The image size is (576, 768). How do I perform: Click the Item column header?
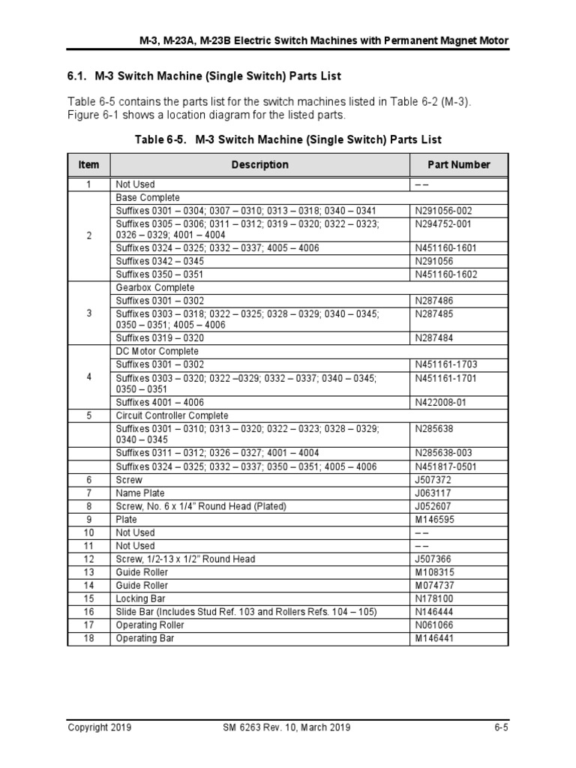[x=88, y=164]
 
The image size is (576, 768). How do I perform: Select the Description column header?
[x=259, y=164]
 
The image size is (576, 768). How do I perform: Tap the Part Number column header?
[x=458, y=164]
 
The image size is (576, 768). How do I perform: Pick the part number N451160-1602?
[x=446, y=274]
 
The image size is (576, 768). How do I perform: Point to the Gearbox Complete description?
[x=152, y=288]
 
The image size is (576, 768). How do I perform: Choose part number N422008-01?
[x=441, y=402]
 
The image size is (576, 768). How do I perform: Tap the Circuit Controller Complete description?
[x=172, y=415]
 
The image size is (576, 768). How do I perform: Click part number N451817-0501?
[x=446, y=466]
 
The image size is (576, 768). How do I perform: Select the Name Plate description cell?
[x=139, y=493]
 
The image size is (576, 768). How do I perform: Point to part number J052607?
[x=434, y=506]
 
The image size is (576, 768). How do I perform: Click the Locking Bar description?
[x=139, y=598]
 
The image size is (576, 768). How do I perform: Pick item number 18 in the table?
[x=88, y=638]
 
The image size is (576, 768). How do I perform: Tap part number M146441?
[x=435, y=638]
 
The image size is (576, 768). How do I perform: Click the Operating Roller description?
[x=149, y=625]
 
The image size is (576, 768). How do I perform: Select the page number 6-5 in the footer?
[x=502, y=727]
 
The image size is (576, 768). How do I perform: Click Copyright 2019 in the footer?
[x=100, y=727]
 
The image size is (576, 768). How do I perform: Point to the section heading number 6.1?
[x=78, y=76]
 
